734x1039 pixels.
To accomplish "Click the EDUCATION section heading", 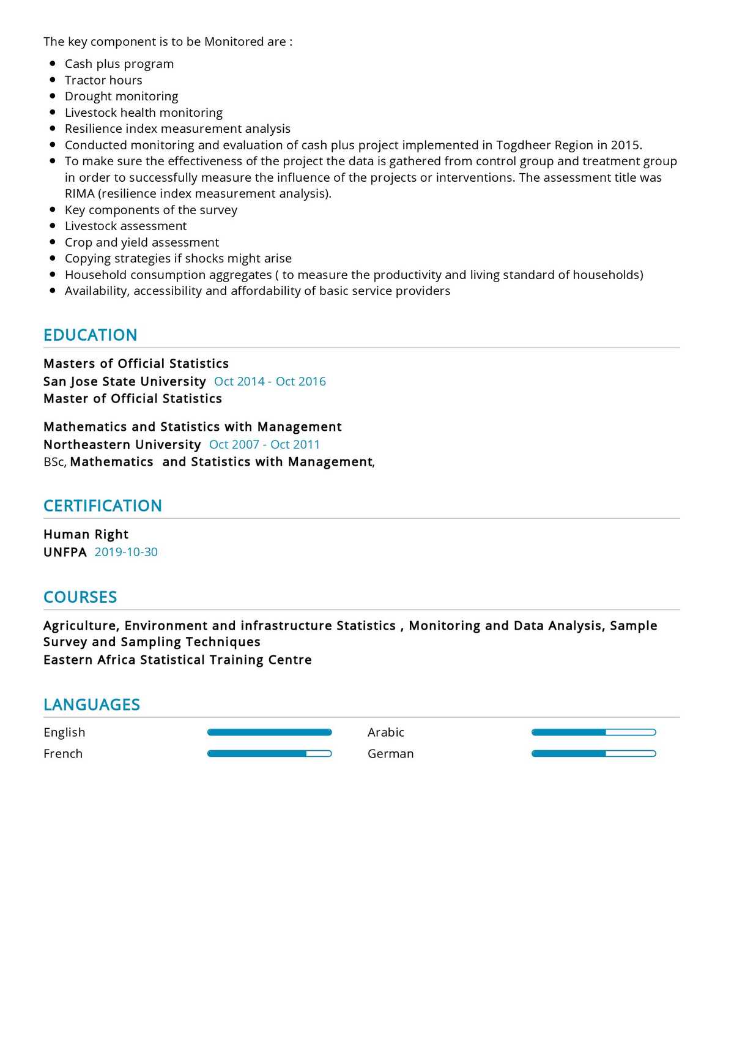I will click(90, 335).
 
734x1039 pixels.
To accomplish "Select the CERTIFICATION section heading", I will click(102, 506).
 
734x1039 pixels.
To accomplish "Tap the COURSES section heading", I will click(80, 597).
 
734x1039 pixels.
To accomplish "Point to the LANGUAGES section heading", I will click(92, 705).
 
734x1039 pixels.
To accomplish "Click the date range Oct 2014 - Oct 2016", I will click(270, 382).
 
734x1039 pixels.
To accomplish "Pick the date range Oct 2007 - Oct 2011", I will click(264, 445).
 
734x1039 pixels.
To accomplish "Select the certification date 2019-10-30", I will click(126, 553).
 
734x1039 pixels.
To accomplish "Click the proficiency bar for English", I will click(269, 732).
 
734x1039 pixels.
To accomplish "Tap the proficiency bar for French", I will click(269, 754).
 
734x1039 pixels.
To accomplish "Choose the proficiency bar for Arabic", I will click(593, 732).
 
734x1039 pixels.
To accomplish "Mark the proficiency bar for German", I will click(593, 754).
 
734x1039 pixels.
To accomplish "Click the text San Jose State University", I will click(124, 382).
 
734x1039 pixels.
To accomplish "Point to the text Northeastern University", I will click(122, 445).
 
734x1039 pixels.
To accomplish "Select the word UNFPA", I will click(65, 553).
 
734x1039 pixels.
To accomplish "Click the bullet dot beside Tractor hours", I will click(53, 80).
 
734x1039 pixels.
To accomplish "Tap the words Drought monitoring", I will click(121, 97).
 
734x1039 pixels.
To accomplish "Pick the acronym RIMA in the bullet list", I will click(80, 194).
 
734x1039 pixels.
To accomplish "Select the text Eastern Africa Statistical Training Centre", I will click(177, 660).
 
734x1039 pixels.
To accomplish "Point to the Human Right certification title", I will click(86, 535).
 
